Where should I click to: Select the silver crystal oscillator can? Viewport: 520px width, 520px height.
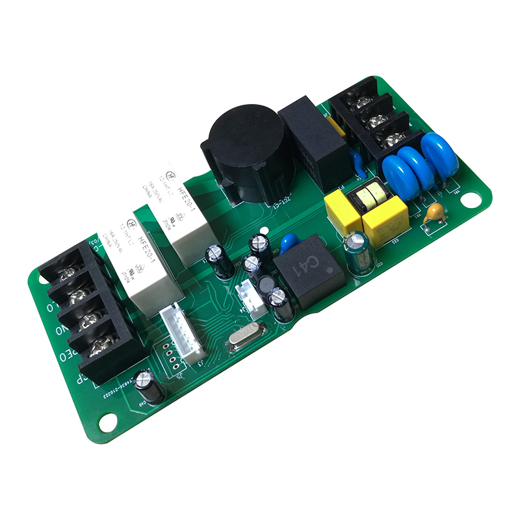tap(246, 339)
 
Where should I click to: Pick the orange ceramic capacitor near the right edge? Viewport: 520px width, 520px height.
tap(434, 214)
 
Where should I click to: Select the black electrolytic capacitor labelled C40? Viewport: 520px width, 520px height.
tap(146, 388)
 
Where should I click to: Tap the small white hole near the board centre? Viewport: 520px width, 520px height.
tap(263, 231)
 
